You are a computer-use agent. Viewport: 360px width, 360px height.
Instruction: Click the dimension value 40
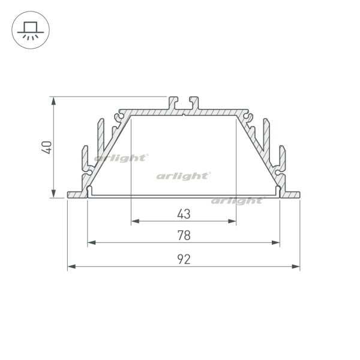(47, 148)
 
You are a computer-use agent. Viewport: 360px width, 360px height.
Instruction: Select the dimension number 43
(184, 214)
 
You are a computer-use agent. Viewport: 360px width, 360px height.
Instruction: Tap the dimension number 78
(184, 235)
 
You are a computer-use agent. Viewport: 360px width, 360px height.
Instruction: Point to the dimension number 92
(184, 259)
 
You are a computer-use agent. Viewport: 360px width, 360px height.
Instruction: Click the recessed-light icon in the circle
(31, 30)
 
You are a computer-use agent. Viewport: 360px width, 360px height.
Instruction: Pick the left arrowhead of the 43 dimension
(135, 221)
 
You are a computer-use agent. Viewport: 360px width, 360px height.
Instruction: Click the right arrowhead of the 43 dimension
(232, 221)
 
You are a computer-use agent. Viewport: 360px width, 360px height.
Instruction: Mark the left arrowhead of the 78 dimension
(92, 242)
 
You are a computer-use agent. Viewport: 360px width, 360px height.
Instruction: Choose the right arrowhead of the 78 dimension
(276, 242)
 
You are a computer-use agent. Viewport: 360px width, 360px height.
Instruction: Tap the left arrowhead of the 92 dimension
(71, 266)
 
